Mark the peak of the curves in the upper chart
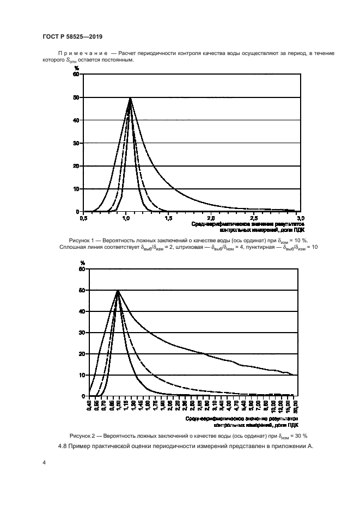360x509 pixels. [130, 98]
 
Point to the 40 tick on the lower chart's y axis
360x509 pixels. [83, 312]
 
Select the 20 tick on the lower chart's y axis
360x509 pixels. [83, 354]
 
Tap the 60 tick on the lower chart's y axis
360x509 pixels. [83, 269]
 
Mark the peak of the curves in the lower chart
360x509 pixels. [118, 291]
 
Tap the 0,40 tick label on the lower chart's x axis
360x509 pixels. [89, 406]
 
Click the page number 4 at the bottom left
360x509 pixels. [44, 463]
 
